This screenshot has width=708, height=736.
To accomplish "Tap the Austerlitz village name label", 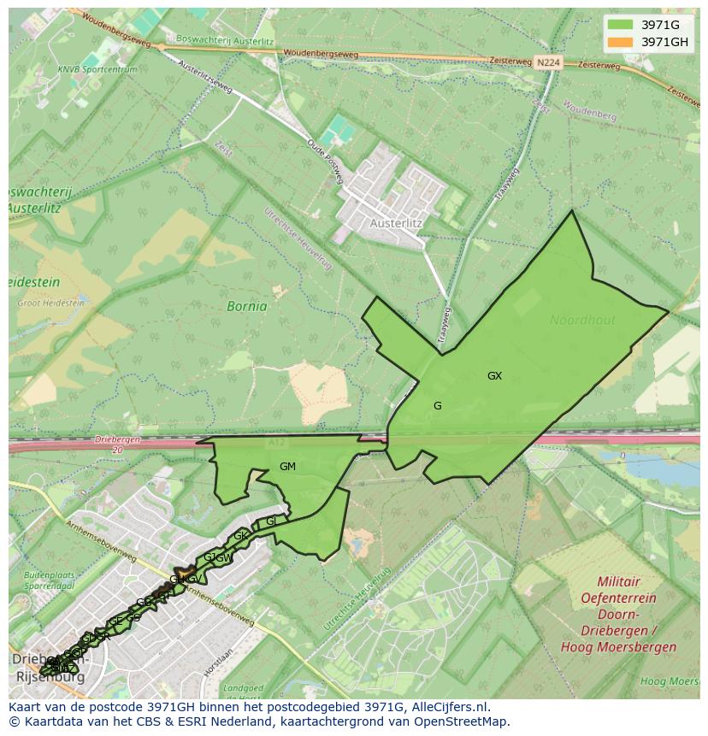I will [x=396, y=223].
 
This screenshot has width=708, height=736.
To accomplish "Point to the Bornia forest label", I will [x=247, y=306].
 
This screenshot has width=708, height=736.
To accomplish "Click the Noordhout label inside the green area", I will [x=582, y=320].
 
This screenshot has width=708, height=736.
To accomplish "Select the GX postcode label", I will [x=494, y=376].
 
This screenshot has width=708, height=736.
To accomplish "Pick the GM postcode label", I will [x=287, y=467].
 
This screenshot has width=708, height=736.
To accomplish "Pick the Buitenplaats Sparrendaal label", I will [x=48, y=580].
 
